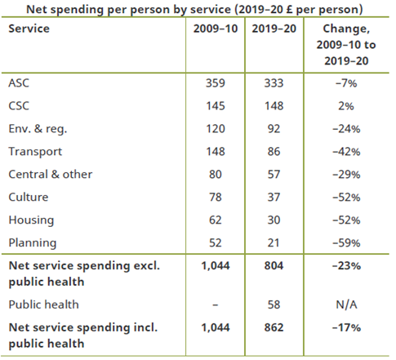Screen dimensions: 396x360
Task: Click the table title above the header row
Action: [194, 10]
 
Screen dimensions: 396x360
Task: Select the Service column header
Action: [29, 29]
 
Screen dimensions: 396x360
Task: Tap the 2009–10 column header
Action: [216, 29]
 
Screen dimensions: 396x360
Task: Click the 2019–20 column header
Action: [274, 29]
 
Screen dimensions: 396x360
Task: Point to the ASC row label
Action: [19, 83]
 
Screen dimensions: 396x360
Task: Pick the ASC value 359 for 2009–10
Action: [216, 83]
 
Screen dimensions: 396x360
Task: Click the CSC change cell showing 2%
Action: [346, 106]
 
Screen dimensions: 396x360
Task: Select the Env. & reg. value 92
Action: [274, 129]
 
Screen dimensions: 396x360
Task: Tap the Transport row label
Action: [35, 152]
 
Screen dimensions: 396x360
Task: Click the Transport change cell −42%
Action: [346, 152]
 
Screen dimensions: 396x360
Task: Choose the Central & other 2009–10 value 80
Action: [216, 175]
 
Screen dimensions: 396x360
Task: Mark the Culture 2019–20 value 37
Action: [274, 198]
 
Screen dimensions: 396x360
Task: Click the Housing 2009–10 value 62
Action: [216, 220]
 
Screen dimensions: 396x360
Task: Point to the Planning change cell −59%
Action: [346, 243]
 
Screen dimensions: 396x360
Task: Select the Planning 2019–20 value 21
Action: [274, 243]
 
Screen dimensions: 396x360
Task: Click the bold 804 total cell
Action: [274, 265]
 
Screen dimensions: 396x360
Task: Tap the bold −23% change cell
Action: [346, 265]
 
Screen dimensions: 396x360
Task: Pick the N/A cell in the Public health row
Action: [346, 304]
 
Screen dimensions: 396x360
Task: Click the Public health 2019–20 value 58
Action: [274, 304]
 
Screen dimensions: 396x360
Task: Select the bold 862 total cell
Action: [274, 327]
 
